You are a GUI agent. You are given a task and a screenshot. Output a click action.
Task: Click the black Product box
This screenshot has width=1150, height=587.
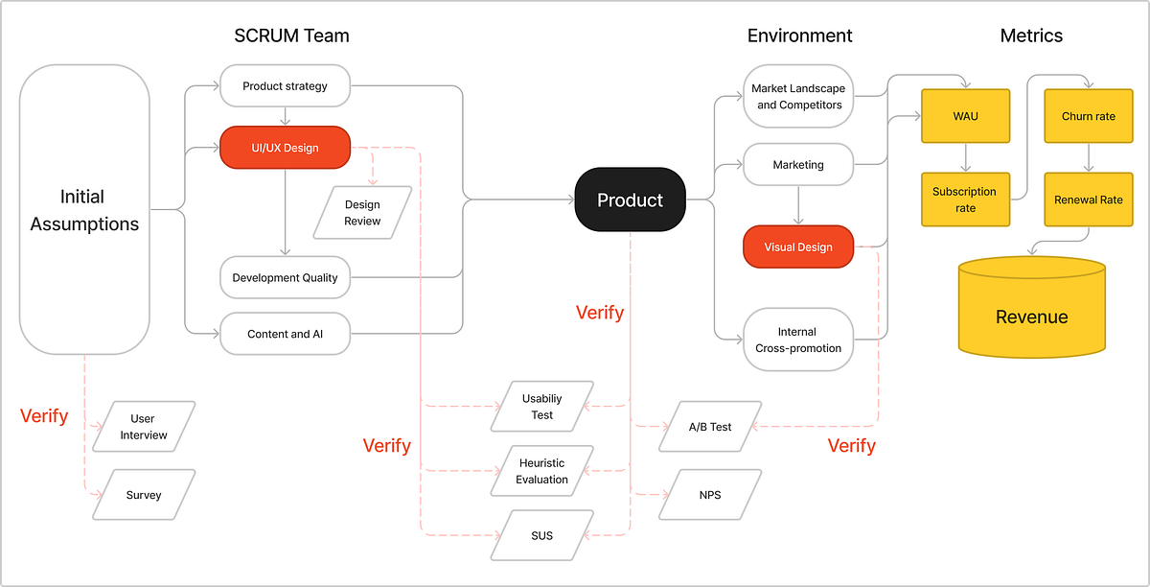tap(630, 200)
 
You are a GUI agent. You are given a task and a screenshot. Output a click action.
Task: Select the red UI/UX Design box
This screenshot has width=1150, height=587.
tap(285, 148)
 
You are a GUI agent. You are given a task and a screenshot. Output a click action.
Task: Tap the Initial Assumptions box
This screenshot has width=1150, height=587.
tap(84, 209)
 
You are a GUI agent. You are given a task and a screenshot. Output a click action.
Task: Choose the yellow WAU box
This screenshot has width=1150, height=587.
tap(965, 117)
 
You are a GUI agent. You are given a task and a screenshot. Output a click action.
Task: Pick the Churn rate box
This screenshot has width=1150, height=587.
tap(1089, 117)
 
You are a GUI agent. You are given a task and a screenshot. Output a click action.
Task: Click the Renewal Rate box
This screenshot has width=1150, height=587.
tap(1089, 200)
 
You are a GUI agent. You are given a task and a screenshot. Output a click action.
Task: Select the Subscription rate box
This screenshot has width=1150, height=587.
tap(965, 200)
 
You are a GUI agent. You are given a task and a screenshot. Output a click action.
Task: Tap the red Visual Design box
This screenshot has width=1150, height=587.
tap(798, 247)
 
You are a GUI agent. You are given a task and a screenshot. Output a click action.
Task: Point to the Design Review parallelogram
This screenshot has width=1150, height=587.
tap(362, 213)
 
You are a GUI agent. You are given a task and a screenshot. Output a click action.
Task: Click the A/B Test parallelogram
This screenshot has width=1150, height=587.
tap(709, 426)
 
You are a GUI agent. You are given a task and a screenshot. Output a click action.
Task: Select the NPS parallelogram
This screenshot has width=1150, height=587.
tap(709, 495)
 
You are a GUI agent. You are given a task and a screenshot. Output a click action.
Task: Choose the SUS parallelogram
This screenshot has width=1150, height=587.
tap(542, 535)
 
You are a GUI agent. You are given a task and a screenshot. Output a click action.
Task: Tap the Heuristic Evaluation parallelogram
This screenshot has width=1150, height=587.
tap(542, 471)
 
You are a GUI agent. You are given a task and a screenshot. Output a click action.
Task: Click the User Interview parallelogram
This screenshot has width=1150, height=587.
tap(144, 427)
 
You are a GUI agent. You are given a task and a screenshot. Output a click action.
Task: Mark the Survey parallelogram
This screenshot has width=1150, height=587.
tap(144, 495)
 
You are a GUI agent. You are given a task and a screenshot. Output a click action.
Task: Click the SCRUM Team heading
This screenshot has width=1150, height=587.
tap(291, 36)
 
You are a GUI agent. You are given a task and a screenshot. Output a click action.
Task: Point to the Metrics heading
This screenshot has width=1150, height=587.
tap(1031, 36)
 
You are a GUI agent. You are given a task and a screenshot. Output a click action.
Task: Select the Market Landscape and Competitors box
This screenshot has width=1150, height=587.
tap(798, 96)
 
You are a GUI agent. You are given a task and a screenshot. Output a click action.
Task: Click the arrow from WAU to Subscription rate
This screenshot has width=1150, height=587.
tap(965, 158)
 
